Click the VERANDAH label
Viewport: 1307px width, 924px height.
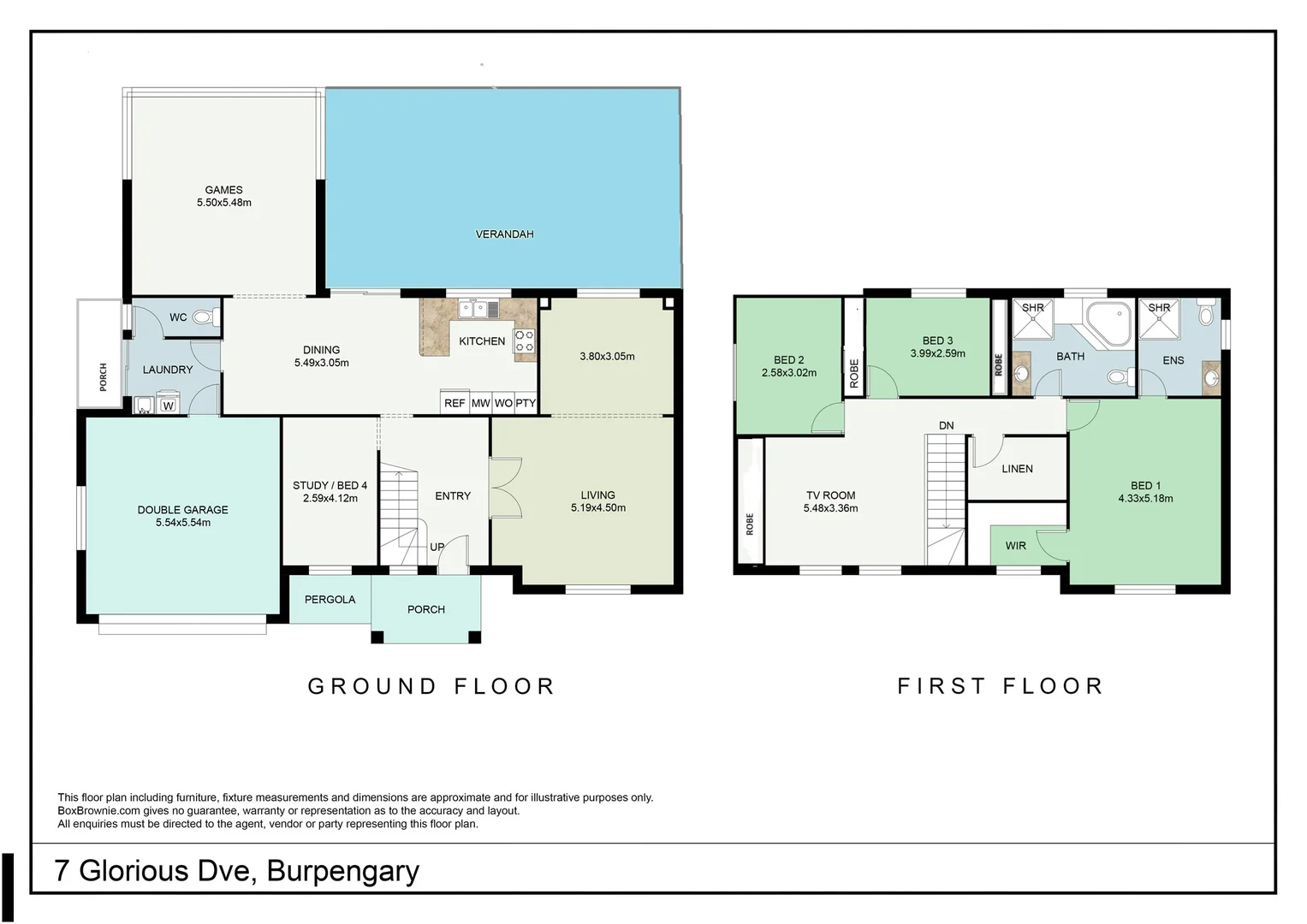point(504,234)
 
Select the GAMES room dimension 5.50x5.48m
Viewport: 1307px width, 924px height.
point(224,203)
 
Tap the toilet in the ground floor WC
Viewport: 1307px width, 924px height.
point(203,317)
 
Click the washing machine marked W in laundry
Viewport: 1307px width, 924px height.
point(169,406)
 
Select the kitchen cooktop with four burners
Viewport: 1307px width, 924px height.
point(525,341)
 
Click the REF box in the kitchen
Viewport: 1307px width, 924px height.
point(454,403)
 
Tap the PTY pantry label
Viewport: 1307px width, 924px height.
point(526,403)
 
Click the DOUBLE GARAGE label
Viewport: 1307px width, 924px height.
point(182,509)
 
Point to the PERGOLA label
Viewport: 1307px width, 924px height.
point(330,599)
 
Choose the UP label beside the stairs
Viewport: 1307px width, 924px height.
point(437,547)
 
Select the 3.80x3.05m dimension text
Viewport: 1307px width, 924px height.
point(607,356)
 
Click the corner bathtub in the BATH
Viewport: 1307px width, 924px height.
point(1109,322)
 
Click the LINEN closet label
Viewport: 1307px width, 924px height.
point(1017,469)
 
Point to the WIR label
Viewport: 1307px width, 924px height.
point(1015,546)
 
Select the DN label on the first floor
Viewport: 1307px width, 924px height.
point(946,425)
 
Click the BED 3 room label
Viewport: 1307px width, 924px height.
point(937,341)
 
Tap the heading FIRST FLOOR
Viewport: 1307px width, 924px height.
point(1000,686)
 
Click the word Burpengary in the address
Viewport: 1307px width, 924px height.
point(342,871)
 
